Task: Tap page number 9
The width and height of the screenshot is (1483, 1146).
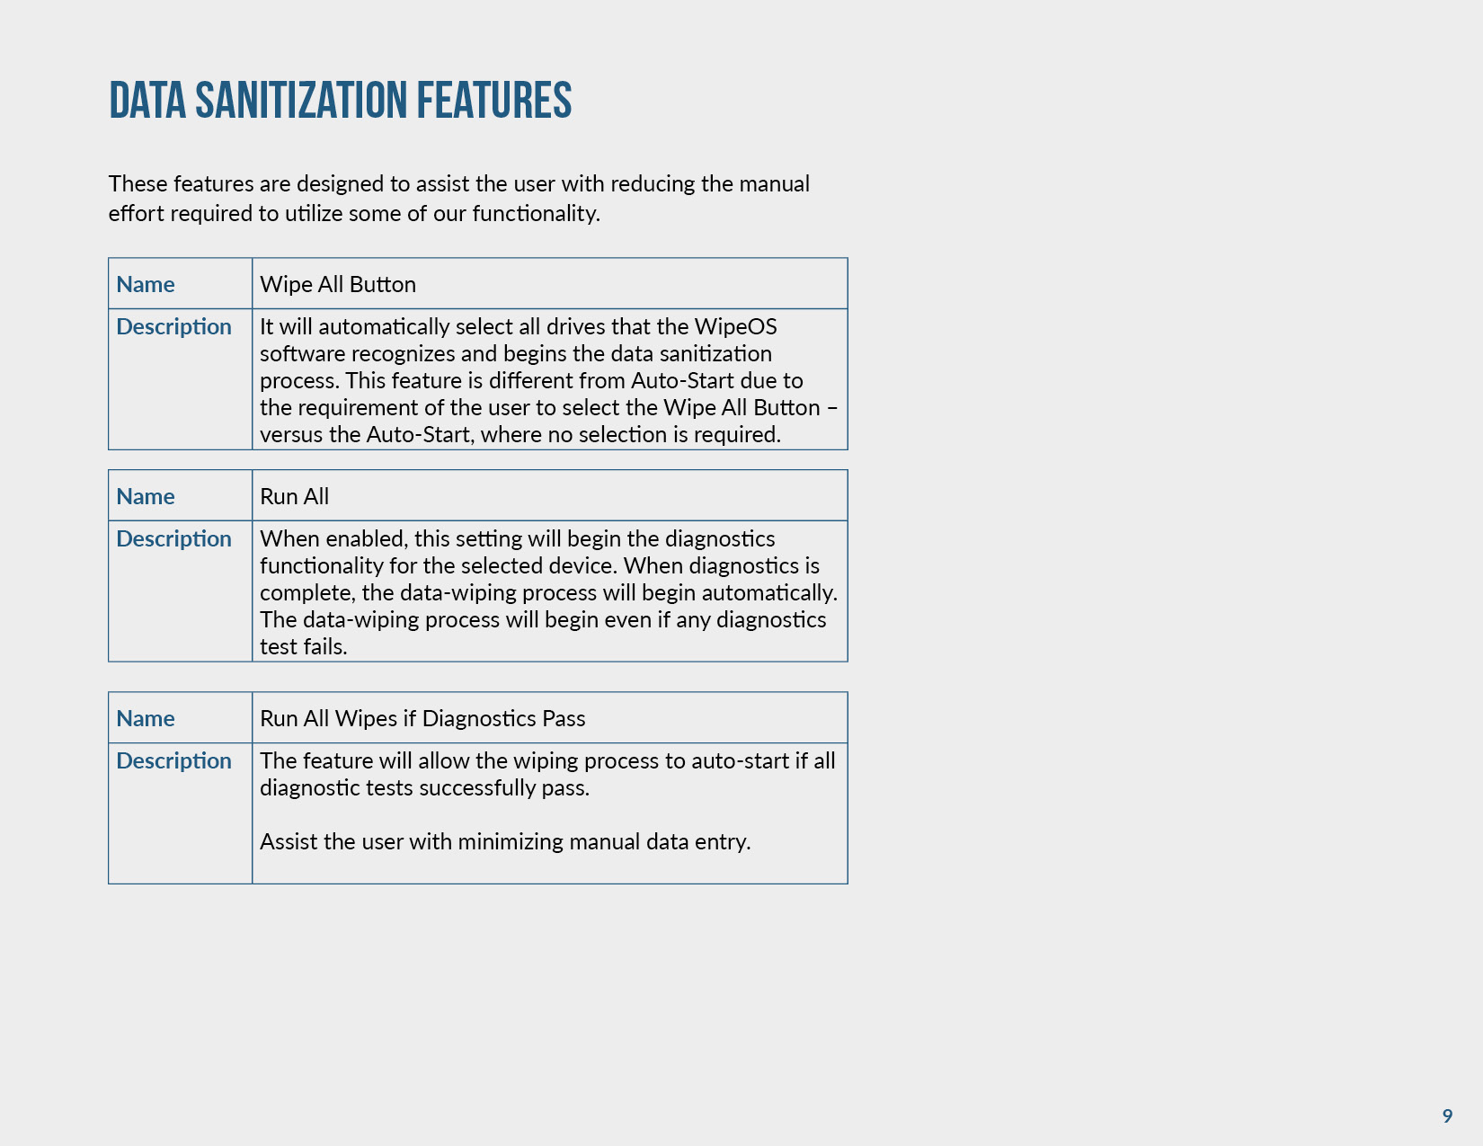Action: coord(1447,1115)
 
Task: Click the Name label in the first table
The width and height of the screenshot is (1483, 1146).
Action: coord(146,284)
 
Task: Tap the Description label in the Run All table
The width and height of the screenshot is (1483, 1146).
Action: coord(173,538)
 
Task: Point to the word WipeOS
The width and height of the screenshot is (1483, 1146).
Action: coord(735,326)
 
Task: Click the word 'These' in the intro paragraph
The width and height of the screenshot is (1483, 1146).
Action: coord(138,184)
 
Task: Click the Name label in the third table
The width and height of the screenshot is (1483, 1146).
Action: coord(146,718)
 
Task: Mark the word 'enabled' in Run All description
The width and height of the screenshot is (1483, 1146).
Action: coord(366,538)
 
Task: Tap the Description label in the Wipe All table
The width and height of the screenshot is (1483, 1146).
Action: coord(173,326)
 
